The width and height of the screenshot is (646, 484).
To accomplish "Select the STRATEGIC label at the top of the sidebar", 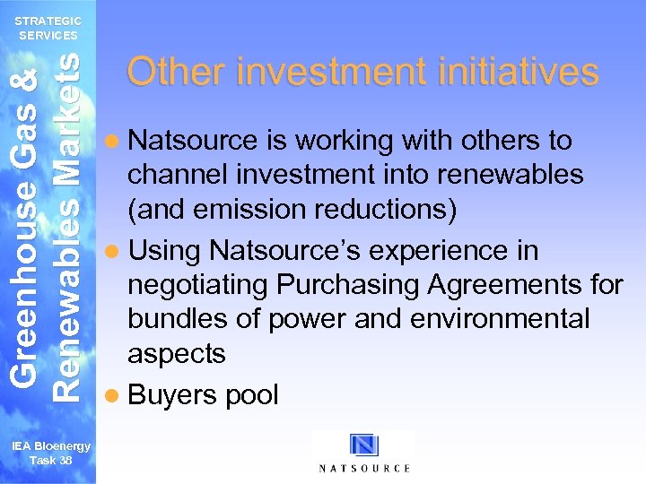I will point(49,21).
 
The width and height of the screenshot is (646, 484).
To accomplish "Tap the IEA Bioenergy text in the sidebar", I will point(51,447).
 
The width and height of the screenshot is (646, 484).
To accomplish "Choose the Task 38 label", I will point(51,461).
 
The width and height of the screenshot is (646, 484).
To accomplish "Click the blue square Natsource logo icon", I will point(364,445).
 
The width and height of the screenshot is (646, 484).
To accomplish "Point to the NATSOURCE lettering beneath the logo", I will point(364,468).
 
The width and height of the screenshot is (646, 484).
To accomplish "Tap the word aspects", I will point(177,354).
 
